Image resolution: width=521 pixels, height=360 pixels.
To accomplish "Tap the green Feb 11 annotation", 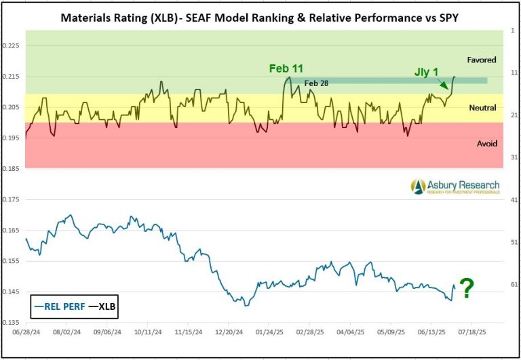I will [x=286, y=68].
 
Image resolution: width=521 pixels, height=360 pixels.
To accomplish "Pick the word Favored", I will [x=482, y=60].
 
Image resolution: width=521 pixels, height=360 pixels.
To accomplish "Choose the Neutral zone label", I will [x=482, y=108].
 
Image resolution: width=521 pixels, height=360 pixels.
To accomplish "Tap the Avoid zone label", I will [x=487, y=144].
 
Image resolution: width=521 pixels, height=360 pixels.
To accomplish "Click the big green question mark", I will [x=467, y=289].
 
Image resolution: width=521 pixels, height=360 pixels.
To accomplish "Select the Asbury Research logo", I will [x=455, y=186].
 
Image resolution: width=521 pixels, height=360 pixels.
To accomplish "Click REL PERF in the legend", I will [x=64, y=306].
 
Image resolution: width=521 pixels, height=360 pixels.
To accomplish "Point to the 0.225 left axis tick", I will [x=13, y=46].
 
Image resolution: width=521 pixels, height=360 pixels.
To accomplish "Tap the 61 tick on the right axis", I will [x=514, y=285].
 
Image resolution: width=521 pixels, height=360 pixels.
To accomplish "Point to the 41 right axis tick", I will [x=514, y=200].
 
